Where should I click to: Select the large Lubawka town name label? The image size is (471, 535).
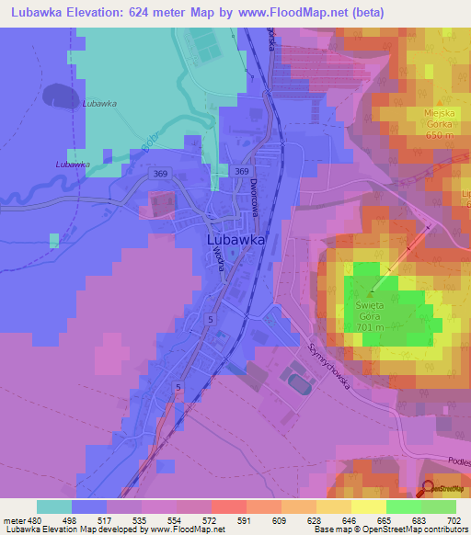231,239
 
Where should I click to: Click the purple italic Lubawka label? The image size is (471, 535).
72,165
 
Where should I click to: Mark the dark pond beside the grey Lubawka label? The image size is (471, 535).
61,95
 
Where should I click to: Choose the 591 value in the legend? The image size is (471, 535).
246,520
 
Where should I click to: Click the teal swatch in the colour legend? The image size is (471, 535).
54,507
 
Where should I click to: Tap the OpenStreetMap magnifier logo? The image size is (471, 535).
428,490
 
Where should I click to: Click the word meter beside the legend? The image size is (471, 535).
15,520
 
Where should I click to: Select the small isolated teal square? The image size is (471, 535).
54,240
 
